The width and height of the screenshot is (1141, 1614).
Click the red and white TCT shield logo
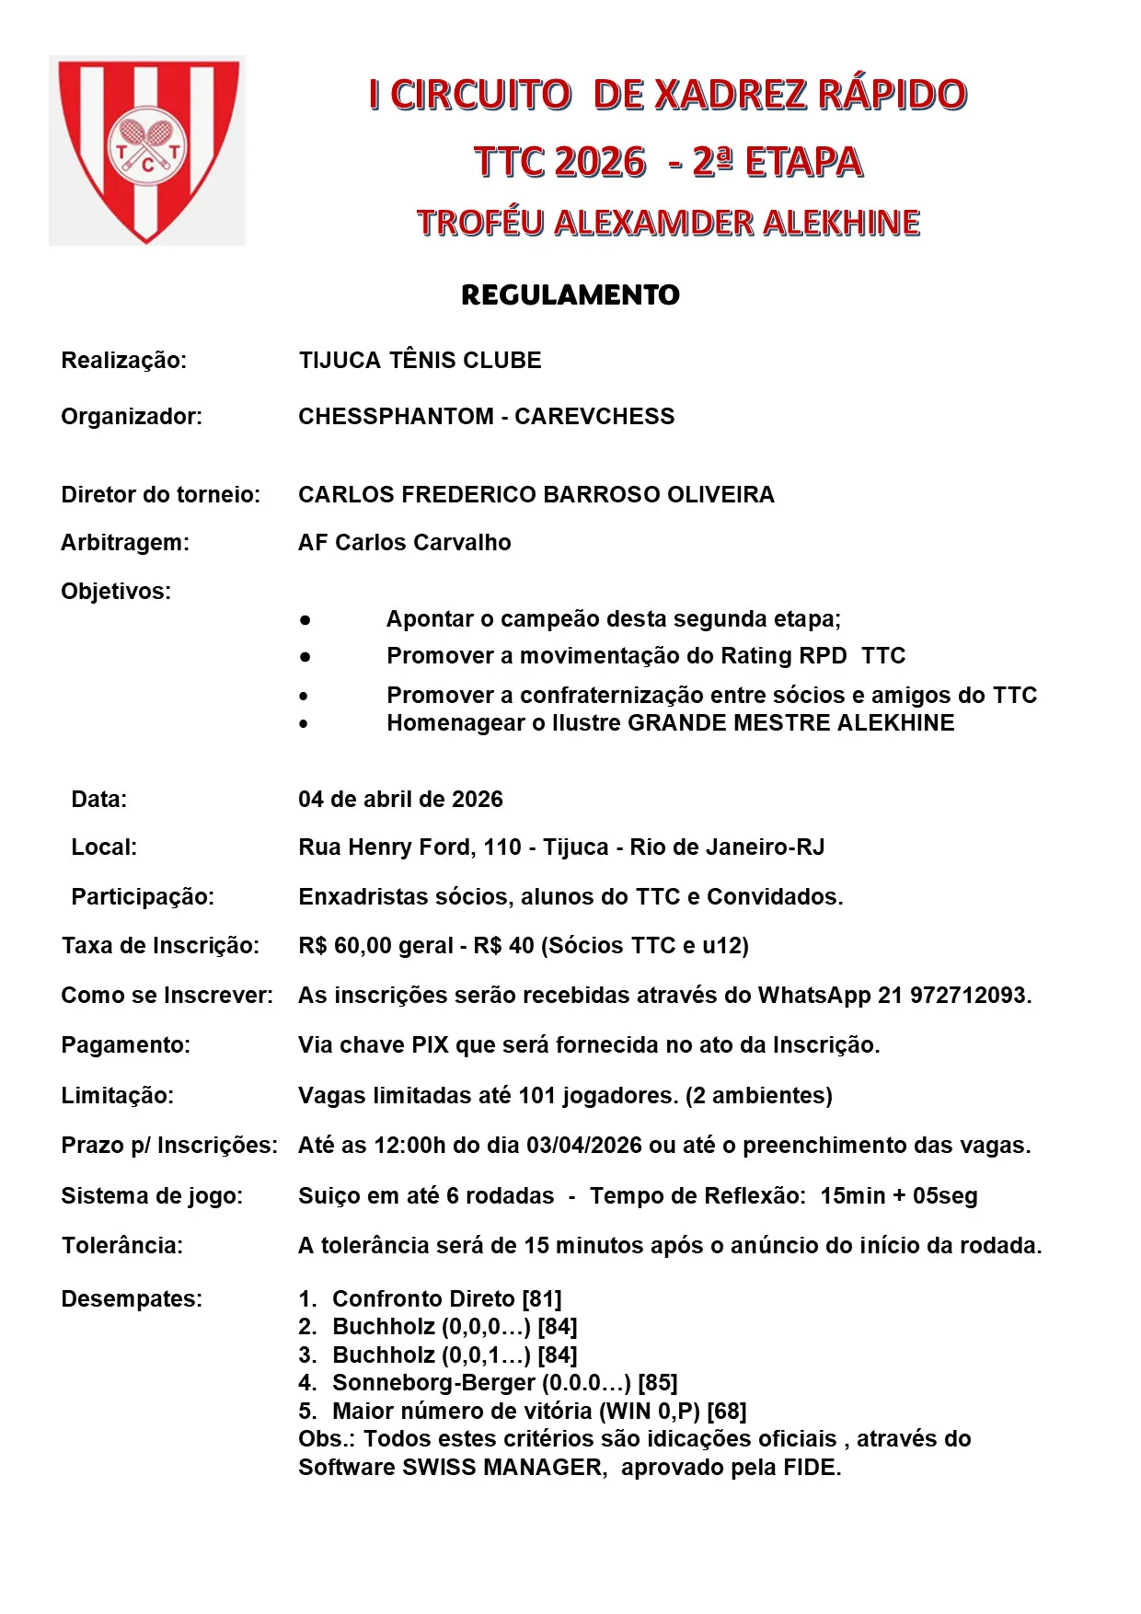coord(147,150)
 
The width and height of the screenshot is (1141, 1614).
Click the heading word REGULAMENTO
coord(570,295)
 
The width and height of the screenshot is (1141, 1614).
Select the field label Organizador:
coord(132,417)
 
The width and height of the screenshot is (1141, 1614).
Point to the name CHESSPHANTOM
coord(396,417)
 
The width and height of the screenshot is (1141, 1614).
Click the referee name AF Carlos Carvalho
coord(404,543)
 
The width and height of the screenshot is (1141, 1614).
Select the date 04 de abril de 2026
coord(400,800)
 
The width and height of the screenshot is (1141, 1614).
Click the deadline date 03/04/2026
coord(583,1146)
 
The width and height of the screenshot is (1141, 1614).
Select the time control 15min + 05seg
coord(898,1196)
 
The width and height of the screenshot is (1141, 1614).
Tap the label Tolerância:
coord(122,1246)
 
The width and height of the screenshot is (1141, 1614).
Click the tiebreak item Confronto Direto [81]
coord(446,1299)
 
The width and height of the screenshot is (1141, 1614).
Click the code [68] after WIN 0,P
coord(727,1412)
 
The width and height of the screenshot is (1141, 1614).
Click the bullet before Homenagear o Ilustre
coord(304,724)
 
